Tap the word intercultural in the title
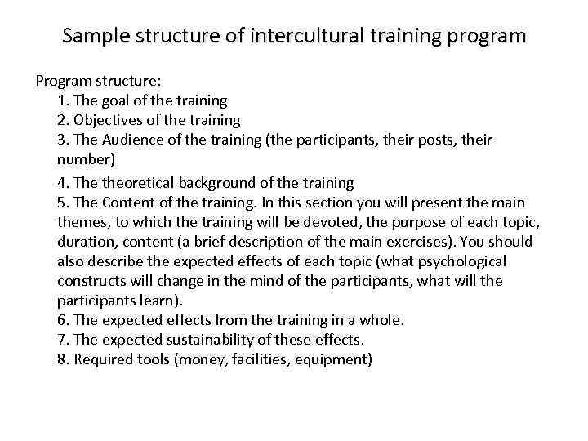(x=301, y=37)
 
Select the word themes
(x=82, y=222)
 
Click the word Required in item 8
(x=102, y=359)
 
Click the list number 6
(x=63, y=320)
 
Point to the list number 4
(x=63, y=182)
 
